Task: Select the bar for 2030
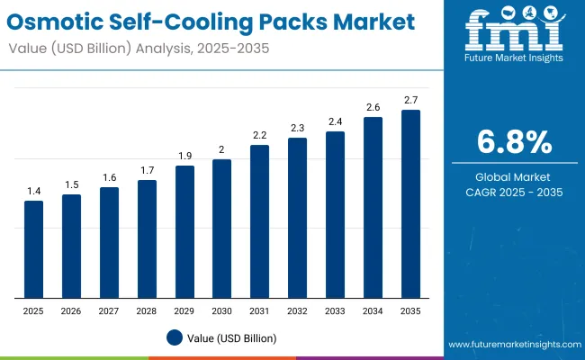(221, 229)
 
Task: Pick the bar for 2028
(147, 238)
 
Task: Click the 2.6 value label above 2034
(373, 107)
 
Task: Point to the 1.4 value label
(33, 191)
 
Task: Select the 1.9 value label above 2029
(184, 156)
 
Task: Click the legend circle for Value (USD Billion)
(175, 337)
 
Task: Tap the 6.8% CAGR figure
(514, 141)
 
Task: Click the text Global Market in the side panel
(514, 176)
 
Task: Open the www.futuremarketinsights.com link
(512, 345)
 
